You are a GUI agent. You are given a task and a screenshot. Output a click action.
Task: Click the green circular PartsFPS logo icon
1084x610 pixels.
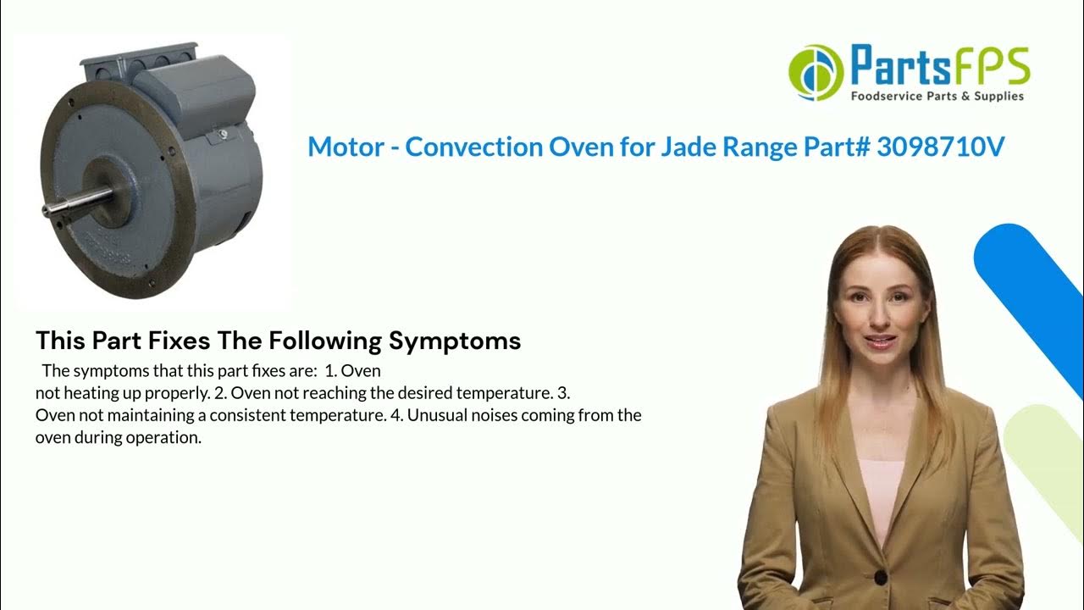(x=816, y=73)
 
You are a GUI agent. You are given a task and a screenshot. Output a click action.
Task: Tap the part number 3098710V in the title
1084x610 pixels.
(x=940, y=147)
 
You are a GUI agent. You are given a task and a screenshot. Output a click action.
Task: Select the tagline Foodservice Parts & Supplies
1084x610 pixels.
(x=937, y=97)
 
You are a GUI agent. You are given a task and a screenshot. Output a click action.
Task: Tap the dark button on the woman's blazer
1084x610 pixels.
(x=881, y=578)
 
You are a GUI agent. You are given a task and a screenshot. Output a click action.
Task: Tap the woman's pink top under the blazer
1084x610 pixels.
(x=882, y=491)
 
